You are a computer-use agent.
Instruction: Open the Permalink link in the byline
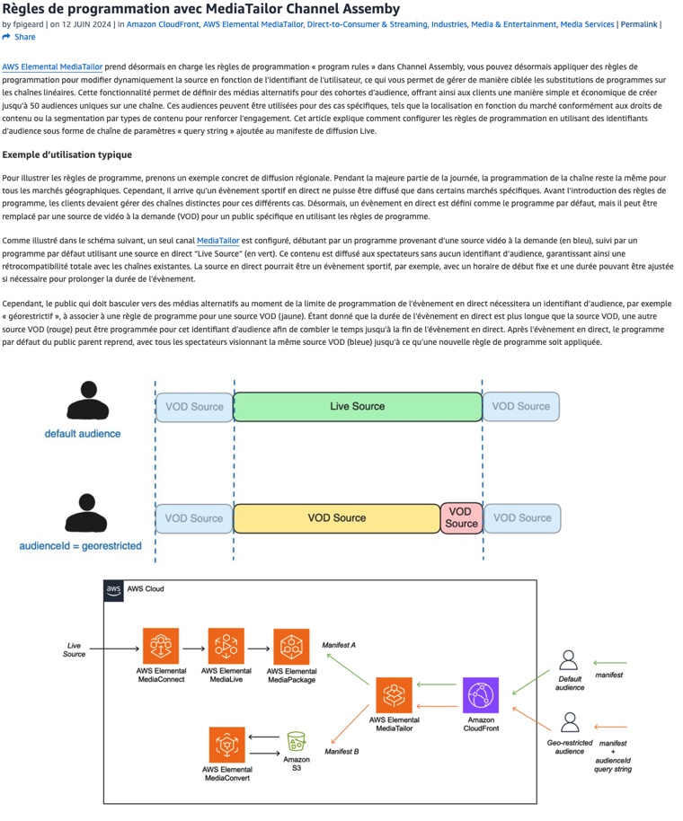(638, 24)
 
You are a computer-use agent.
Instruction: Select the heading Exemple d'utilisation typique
(67, 154)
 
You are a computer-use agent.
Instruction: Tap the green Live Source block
(357, 407)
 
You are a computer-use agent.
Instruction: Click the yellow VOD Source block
(336, 518)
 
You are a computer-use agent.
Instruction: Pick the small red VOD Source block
(461, 518)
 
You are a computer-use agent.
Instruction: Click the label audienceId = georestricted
(81, 546)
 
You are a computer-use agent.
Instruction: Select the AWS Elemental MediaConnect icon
(162, 646)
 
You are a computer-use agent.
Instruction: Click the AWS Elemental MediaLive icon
(226, 646)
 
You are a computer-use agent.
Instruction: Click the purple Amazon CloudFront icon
(480, 695)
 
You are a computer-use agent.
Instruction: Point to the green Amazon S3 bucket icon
(296, 742)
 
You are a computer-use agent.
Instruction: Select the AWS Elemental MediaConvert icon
(226, 744)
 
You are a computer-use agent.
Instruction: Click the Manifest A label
(340, 645)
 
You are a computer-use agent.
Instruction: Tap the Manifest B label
(341, 751)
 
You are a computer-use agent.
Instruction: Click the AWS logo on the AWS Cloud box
(114, 589)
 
